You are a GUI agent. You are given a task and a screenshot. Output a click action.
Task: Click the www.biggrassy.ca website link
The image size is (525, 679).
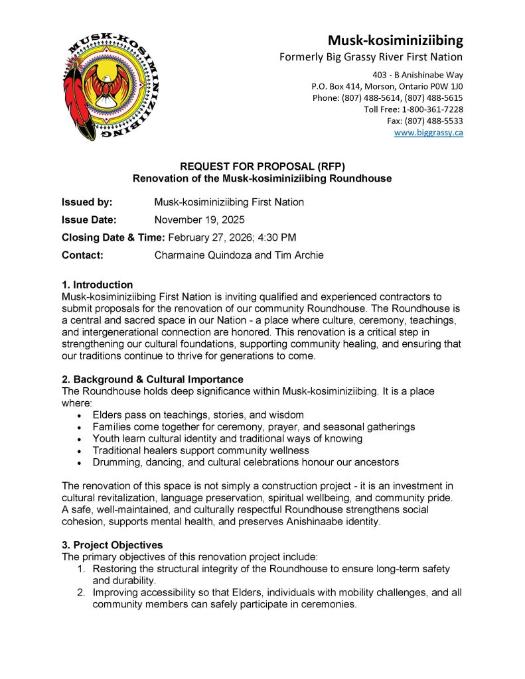pyautogui.click(x=428, y=133)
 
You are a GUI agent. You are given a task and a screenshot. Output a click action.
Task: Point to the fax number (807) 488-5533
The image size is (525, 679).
pyautogui.click(x=432, y=121)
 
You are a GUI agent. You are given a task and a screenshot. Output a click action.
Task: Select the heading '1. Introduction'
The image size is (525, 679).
pyautogui.click(x=97, y=285)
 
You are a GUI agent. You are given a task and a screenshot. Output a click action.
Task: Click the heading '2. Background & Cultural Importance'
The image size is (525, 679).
pyautogui.click(x=152, y=379)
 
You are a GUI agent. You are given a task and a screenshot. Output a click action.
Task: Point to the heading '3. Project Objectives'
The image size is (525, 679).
pyautogui.click(x=112, y=545)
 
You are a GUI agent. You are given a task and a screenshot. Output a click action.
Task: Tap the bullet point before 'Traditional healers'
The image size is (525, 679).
pyautogui.click(x=80, y=450)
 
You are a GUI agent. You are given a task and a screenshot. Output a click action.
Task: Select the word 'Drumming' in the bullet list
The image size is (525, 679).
pyautogui.click(x=115, y=462)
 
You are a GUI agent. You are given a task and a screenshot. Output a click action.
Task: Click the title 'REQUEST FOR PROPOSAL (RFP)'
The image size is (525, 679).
pyautogui.click(x=263, y=167)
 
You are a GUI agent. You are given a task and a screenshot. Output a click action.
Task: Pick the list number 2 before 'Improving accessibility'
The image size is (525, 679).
pyautogui.click(x=80, y=592)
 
